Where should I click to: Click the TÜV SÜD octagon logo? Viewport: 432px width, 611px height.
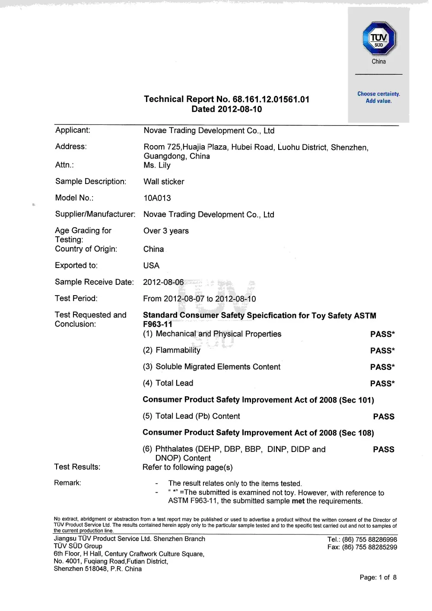(x=378, y=39)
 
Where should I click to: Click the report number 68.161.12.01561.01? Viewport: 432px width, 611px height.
(x=271, y=99)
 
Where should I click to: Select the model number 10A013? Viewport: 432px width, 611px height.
(x=157, y=198)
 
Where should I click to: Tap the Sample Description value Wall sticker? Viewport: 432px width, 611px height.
(x=164, y=182)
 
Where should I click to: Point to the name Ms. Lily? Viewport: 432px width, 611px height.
(x=157, y=165)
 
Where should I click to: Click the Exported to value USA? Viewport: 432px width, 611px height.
(x=151, y=266)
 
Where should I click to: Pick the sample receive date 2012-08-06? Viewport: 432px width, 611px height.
(x=163, y=282)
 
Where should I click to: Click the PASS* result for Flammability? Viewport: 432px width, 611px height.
(x=382, y=350)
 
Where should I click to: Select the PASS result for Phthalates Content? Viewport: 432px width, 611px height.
(x=384, y=449)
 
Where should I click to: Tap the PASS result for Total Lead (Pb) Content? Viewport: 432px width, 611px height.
(x=384, y=417)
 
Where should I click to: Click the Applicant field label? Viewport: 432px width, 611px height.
(x=73, y=130)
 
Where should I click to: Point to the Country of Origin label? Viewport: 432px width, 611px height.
(x=86, y=249)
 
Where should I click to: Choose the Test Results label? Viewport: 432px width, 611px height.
(x=77, y=467)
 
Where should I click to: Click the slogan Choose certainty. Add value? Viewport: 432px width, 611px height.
(x=378, y=97)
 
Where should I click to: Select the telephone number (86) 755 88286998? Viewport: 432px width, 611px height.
(x=369, y=540)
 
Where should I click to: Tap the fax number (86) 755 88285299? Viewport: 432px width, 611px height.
(x=369, y=547)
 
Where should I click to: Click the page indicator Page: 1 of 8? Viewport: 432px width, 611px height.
(x=378, y=578)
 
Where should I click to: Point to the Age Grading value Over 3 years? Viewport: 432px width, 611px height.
(x=166, y=231)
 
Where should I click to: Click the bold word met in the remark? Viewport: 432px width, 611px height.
(x=298, y=501)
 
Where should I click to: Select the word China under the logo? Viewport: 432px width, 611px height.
(x=378, y=62)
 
